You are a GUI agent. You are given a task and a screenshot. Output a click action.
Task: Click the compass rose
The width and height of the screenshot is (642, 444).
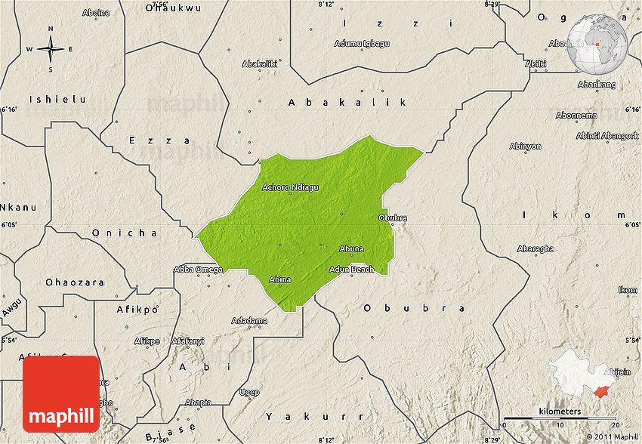point(51,50)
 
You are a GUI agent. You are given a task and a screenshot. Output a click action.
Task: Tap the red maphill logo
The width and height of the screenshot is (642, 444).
point(61,394)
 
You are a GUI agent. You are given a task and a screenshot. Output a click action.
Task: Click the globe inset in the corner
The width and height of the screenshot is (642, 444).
point(597,43)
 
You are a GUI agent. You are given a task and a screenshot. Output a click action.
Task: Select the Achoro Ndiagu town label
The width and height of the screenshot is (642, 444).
point(290,187)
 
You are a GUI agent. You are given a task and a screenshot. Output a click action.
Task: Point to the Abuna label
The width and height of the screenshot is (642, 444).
point(351,248)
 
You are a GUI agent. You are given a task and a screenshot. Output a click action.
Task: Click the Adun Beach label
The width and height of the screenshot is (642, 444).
point(351,270)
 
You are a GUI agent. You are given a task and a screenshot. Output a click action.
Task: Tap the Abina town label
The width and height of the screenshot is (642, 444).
point(280,279)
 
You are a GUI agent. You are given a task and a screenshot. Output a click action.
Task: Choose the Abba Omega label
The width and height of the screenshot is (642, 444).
point(198,270)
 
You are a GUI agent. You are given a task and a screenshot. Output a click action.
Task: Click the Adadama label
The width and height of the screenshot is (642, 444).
point(249,320)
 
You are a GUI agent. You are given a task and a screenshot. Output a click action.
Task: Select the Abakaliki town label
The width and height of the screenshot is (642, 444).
point(260,64)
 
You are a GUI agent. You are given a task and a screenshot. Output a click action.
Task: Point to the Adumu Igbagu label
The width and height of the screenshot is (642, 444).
point(362,43)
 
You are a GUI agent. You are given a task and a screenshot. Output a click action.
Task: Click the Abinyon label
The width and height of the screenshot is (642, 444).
point(525,146)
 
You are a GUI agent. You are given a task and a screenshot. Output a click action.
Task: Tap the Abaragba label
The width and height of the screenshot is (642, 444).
point(536,248)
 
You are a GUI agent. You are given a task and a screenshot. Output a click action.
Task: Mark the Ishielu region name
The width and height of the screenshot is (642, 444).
point(57,100)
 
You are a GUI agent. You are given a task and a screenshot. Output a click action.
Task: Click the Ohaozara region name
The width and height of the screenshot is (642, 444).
point(74,282)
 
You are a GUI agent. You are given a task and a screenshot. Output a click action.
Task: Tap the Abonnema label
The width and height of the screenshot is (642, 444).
point(576,116)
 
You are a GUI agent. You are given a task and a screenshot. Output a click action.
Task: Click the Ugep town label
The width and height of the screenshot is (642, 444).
point(249,392)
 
